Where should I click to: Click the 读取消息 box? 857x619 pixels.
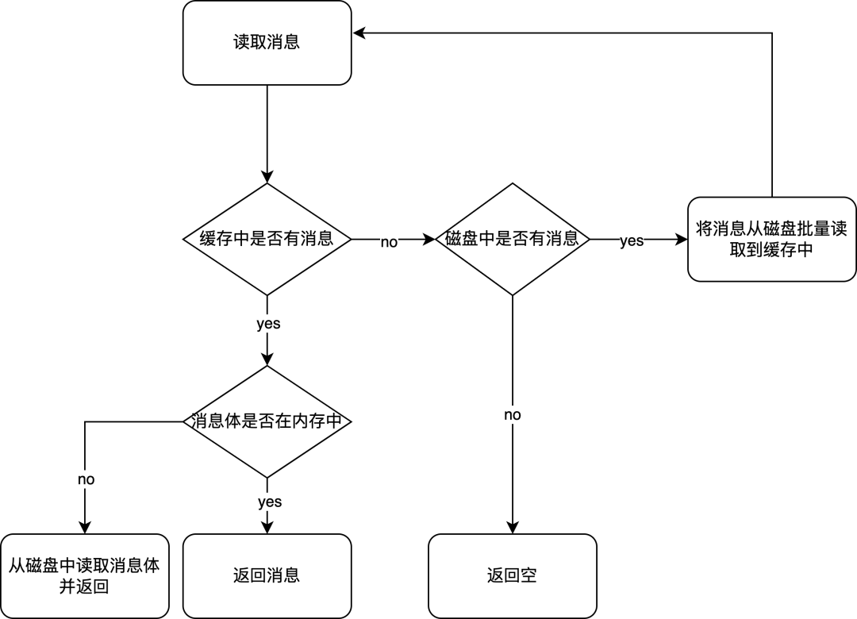click(x=267, y=42)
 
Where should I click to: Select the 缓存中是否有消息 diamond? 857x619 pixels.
click(x=267, y=239)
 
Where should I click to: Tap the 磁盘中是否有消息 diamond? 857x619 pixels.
click(x=513, y=239)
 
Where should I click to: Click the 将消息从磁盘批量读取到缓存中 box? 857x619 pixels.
click(x=771, y=239)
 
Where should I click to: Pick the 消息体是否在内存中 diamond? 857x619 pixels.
click(x=267, y=421)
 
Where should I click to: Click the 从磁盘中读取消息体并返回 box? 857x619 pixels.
click(x=84, y=576)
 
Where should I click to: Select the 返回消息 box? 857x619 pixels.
click(x=267, y=576)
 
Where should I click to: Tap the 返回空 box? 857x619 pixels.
click(x=513, y=576)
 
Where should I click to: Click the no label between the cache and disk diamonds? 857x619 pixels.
click(x=389, y=242)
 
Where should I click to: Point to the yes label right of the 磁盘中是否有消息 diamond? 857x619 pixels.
click(x=632, y=240)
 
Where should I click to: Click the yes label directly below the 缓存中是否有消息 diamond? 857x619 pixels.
click(x=268, y=324)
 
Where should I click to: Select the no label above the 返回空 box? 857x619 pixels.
click(x=513, y=415)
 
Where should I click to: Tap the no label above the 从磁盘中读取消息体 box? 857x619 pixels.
click(x=86, y=479)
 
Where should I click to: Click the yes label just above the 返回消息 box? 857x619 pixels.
click(x=270, y=502)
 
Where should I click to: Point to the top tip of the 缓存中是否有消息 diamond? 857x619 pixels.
click(x=267, y=186)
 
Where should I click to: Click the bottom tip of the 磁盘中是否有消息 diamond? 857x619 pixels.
click(x=513, y=293)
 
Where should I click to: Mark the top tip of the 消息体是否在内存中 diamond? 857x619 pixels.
click(x=267, y=367)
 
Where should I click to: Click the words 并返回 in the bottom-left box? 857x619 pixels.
click(x=83, y=587)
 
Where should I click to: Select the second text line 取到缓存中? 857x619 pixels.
click(x=771, y=250)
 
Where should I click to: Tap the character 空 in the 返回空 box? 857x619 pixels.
click(x=528, y=576)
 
